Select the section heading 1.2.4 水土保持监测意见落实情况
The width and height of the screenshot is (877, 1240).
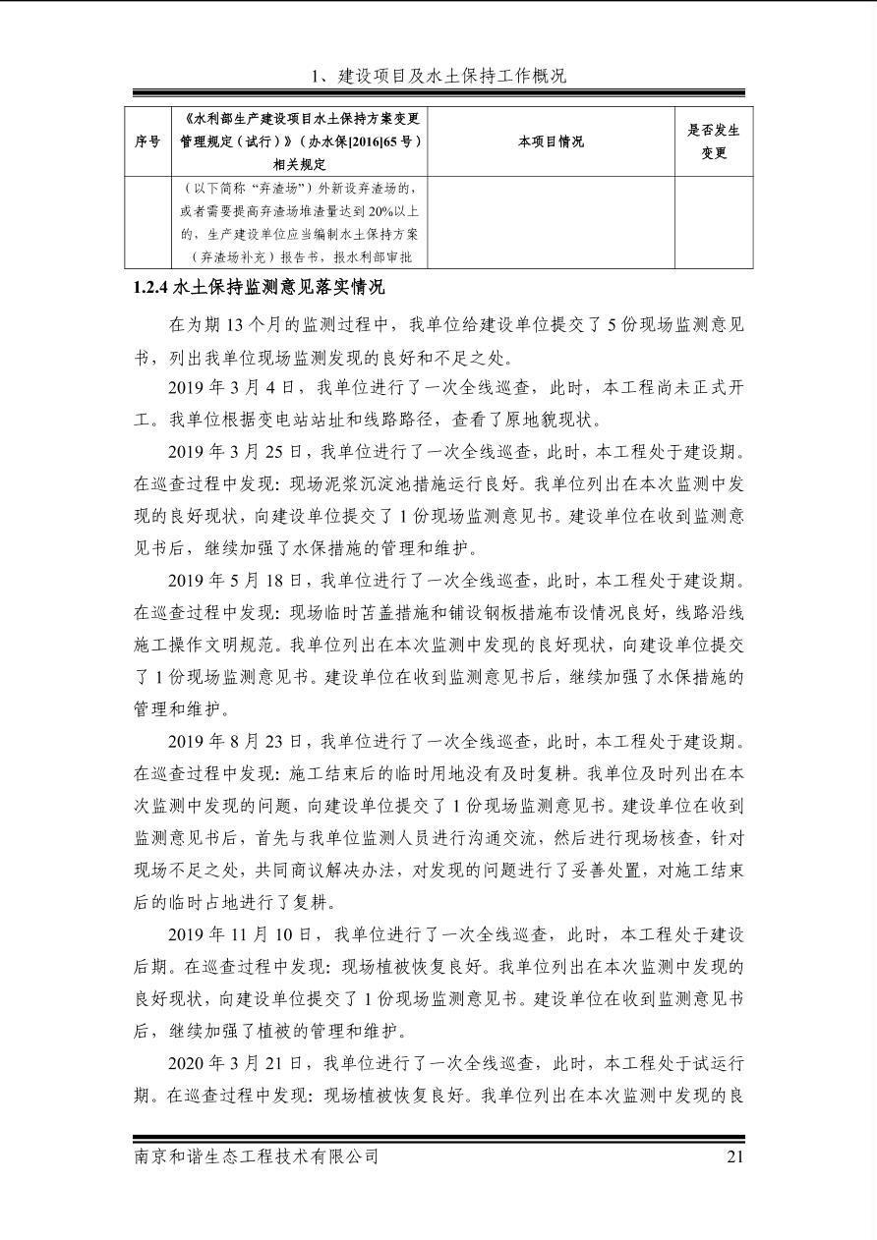[x=260, y=288]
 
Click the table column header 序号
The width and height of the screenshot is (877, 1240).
[x=147, y=141]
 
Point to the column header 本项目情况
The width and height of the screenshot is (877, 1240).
[x=551, y=141]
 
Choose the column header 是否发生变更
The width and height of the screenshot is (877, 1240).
[x=714, y=141]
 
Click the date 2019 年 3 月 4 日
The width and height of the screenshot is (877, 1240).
[x=225, y=388]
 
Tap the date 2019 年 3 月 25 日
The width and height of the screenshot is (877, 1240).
[x=230, y=453]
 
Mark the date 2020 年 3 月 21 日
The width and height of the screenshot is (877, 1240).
[x=230, y=1062]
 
